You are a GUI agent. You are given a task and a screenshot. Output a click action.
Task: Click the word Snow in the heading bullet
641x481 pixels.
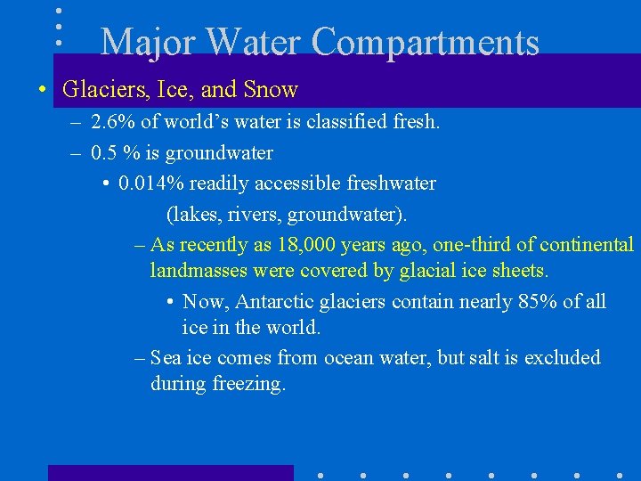pyautogui.click(x=271, y=90)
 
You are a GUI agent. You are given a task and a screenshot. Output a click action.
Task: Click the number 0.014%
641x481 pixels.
pyautogui.click(x=149, y=183)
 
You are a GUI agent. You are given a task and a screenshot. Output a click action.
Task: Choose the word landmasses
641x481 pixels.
pyautogui.click(x=199, y=270)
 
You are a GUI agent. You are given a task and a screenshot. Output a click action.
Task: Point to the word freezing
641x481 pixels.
pyautogui.click(x=248, y=384)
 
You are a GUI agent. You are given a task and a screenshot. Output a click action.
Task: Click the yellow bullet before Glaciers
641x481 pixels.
pyautogui.click(x=42, y=91)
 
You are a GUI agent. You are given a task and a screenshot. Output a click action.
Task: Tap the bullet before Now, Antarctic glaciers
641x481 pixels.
pyautogui.click(x=169, y=303)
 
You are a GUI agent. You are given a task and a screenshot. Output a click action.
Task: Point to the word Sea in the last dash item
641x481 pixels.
pyautogui.click(x=165, y=358)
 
